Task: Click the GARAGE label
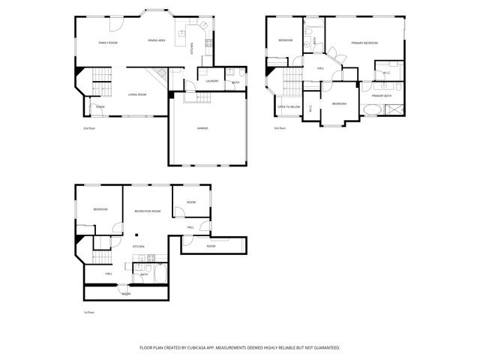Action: tap(202, 128)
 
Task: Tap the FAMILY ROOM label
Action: tap(108, 43)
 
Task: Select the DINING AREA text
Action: tap(157, 40)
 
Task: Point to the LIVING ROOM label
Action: tap(136, 94)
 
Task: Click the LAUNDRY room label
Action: tap(211, 80)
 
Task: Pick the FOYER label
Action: tap(100, 107)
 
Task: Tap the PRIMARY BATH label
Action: tap(382, 96)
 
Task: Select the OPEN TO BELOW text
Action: tap(289, 107)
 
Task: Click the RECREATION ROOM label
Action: tap(147, 211)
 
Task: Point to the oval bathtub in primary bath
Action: tap(370, 110)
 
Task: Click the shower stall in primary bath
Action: tap(392, 109)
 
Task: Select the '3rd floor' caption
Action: tap(280, 128)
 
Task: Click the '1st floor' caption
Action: tap(88, 312)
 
